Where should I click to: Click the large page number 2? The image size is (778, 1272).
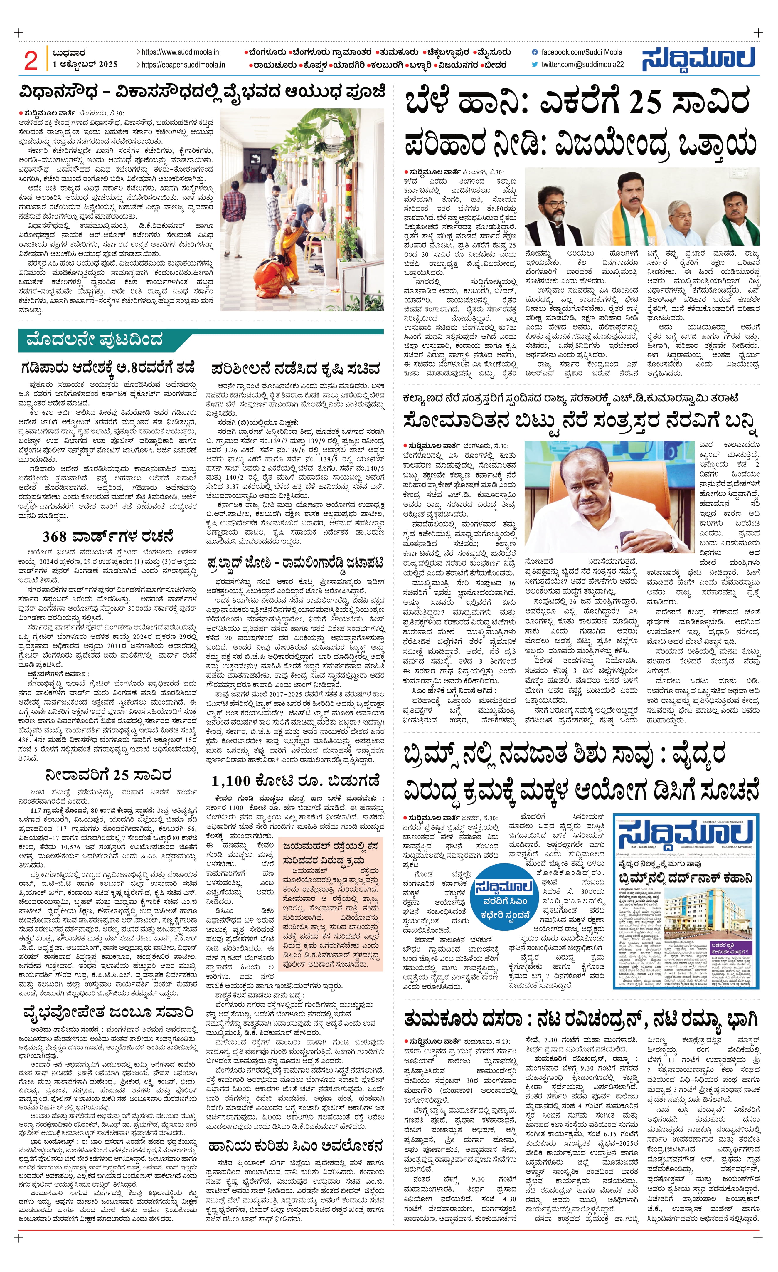pyautogui.click(x=31, y=61)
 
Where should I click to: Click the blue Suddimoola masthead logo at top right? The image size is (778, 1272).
pyautogui.click(x=699, y=59)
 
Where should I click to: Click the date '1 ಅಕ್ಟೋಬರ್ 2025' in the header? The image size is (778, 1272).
pyautogui.click(x=85, y=65)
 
